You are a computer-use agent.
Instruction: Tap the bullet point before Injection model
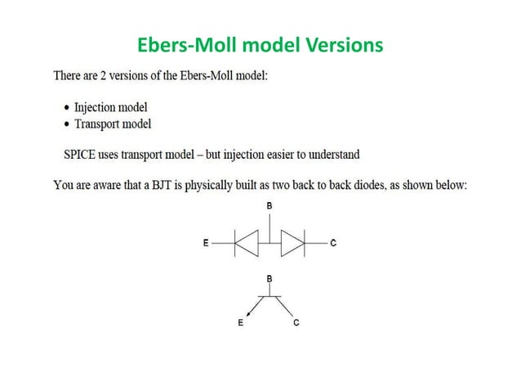(x=66, y=108)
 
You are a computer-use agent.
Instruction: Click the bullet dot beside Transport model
(x=66, y=124)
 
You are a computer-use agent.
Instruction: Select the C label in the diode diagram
(x=334, y=243)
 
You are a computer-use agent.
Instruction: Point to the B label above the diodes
(x=270, y=206)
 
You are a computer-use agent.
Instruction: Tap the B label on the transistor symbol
(x=270, y=279)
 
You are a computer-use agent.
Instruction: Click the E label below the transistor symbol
(x=240, y=323)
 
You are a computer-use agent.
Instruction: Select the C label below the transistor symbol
(x=296, y=323)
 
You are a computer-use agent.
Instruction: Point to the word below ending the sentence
(x=449, y=186)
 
